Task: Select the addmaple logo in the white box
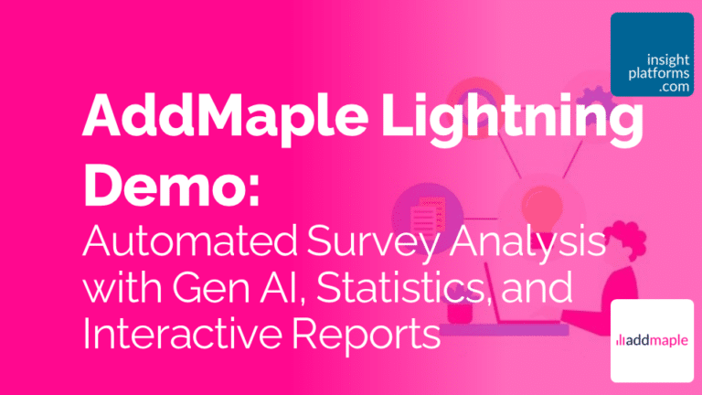coord(651,340)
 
